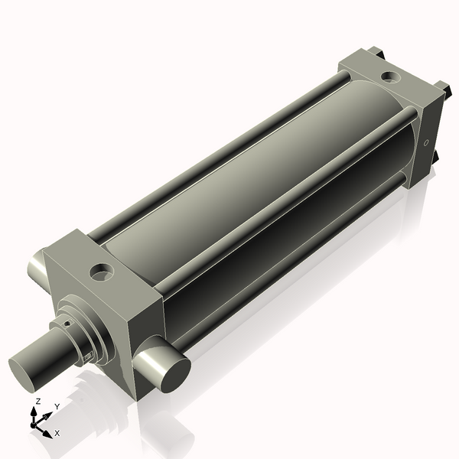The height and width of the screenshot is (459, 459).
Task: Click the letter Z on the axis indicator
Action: [38, 401]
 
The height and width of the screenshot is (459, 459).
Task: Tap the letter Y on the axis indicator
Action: [57, 407]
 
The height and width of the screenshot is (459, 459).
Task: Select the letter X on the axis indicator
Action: [57, 433]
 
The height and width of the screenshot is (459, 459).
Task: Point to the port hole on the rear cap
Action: [391, 76]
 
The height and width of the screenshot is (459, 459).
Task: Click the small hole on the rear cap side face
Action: [425, 142]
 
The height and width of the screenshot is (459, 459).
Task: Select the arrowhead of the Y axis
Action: [50, 414]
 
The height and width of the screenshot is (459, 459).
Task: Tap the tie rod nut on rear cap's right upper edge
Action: [441, 88]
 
